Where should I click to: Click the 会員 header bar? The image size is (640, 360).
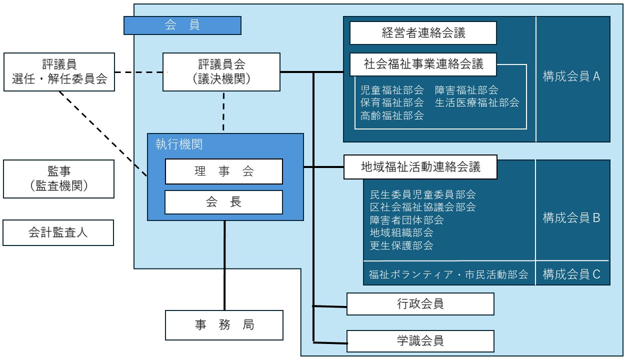(182, 25)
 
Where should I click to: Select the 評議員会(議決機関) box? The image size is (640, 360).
(221, 72)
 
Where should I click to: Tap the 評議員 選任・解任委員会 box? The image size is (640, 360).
(59, 72)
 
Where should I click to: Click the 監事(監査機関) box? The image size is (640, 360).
(58, 178)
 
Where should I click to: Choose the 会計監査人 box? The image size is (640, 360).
(58, 232)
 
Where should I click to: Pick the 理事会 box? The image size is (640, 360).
(224, 171)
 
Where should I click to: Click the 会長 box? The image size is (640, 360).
(224, 202)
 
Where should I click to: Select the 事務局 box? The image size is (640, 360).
(224, 325)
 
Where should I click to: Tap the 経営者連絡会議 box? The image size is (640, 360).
(423, 33)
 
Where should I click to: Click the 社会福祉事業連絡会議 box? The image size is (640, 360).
(423, 64)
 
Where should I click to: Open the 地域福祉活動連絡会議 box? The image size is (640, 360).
(420, 167)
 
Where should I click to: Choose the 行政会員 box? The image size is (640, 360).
(420, 303)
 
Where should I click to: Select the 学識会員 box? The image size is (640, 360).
(420, 341)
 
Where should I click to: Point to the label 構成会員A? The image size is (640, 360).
(571, 77)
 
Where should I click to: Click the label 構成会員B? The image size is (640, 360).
(571, 218)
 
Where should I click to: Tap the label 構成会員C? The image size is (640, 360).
(571, 274)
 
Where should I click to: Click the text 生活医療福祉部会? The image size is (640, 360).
(476, 103)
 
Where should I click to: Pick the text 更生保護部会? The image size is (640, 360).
(401, 245)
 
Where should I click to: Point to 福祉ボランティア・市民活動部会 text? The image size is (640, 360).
(448, 274)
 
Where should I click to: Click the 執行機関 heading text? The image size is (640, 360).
(178, 145)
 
